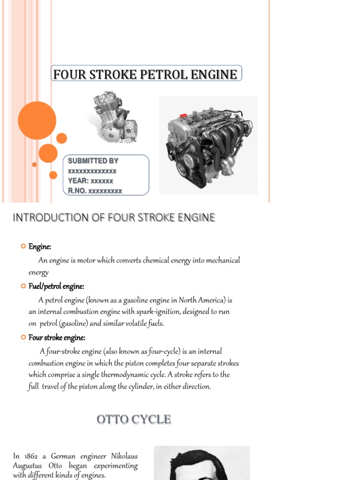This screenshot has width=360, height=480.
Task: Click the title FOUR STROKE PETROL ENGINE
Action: click(145, 75)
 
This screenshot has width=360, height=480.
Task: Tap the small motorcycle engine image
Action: click(114, 117)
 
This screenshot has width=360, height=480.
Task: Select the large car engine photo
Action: click(209, 145)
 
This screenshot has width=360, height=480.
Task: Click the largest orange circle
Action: click(37, 120)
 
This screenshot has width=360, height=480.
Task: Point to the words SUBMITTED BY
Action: click(93, 161)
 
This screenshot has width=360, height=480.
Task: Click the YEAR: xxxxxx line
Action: click(90, 180)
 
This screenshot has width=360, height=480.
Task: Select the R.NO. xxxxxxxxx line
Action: click(95, 191)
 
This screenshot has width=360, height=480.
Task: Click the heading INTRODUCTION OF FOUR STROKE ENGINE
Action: click(114, 217)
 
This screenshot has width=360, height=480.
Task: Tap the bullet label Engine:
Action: click(40, 247)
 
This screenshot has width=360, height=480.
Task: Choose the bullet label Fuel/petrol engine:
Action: click(56, 286)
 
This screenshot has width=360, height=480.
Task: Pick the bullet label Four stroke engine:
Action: click(57, 337)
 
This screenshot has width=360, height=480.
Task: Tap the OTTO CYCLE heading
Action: click(134, 420)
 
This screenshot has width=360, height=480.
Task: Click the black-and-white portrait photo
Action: click(202, 463)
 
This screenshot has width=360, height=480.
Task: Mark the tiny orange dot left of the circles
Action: click(34, 165)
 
